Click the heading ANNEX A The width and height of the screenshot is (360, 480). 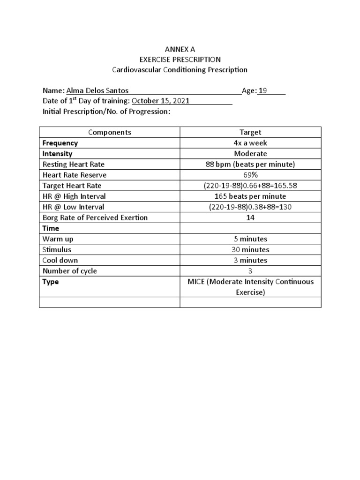[x=180, y=49]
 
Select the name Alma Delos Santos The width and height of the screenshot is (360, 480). [x=97, y=91]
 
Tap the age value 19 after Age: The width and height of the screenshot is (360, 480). [x=263, y=91]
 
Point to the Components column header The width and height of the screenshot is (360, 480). [x=110, y=132]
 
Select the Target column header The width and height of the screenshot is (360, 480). [x=250, y=132]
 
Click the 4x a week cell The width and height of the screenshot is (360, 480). [x=250, y=143]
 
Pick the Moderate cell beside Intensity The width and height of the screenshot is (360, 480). [x=250, y=154]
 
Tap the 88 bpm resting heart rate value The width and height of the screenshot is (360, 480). [x=250, y=165]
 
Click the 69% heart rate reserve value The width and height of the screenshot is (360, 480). [x=250, y=175]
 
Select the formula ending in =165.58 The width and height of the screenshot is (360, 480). [x=250, y=186]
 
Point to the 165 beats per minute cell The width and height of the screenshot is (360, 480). [x=250, y=196]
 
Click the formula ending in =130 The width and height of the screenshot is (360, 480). [x=250, y=207]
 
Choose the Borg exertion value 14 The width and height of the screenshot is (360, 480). [x=250, y=217]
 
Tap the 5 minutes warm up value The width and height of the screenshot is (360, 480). [x=250, y=239]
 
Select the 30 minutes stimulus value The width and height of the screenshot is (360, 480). [x=250, y=249]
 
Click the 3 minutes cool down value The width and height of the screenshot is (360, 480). [x=250, y=260]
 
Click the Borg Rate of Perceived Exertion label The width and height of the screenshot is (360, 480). [x=95, y=217]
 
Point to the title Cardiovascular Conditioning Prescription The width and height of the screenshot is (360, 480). [x=180, y=70]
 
